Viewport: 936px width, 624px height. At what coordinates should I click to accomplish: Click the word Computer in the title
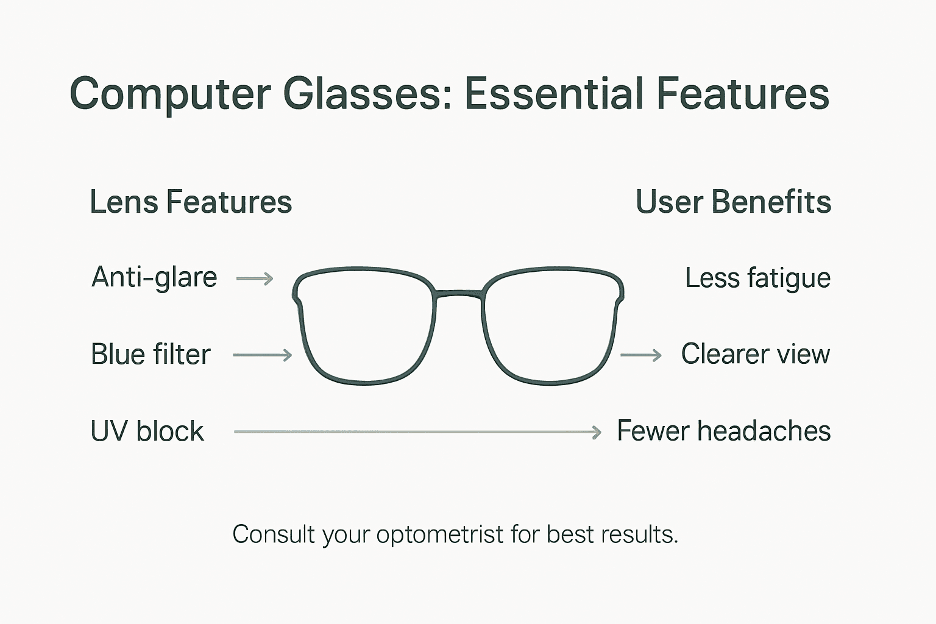coord(170,94)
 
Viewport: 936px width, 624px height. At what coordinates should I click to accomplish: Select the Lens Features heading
coord(191,202)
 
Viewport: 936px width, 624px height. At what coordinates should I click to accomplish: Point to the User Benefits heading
coord(733,202)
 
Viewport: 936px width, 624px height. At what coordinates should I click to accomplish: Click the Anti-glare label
coord(154,278)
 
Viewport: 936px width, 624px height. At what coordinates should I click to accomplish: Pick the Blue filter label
coord(151,355)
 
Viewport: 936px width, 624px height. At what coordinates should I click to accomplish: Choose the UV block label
coord(147,431)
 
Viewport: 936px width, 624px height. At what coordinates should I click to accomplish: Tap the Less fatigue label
coord(757,278)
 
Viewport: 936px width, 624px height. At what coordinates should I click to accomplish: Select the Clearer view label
coord(755,354)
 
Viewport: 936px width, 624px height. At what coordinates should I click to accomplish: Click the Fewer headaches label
coord(723,431)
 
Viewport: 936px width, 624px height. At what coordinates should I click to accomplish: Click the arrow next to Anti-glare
coord(255,279)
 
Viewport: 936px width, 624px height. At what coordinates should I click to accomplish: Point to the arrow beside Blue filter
coord(263,355)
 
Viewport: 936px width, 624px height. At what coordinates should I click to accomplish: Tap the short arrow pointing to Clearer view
coord(641,355)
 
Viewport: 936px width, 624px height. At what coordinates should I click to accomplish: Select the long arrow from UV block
coord(417,432)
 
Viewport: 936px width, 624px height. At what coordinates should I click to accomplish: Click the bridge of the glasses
coord(459,294)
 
